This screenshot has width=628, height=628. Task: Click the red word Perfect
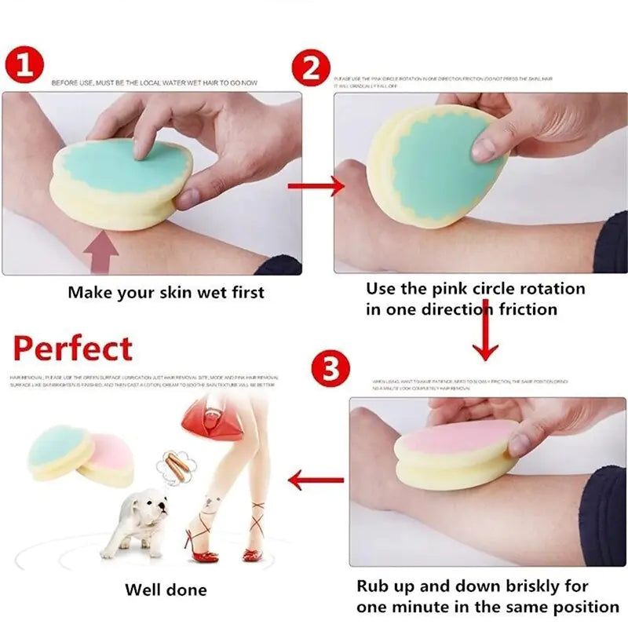(x=73, y=348)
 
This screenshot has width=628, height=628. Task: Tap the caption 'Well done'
(x=166, y=590)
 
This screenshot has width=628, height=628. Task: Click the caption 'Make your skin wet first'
(x=166, y=293)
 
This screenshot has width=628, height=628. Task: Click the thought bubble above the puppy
(x=171, y=468)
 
